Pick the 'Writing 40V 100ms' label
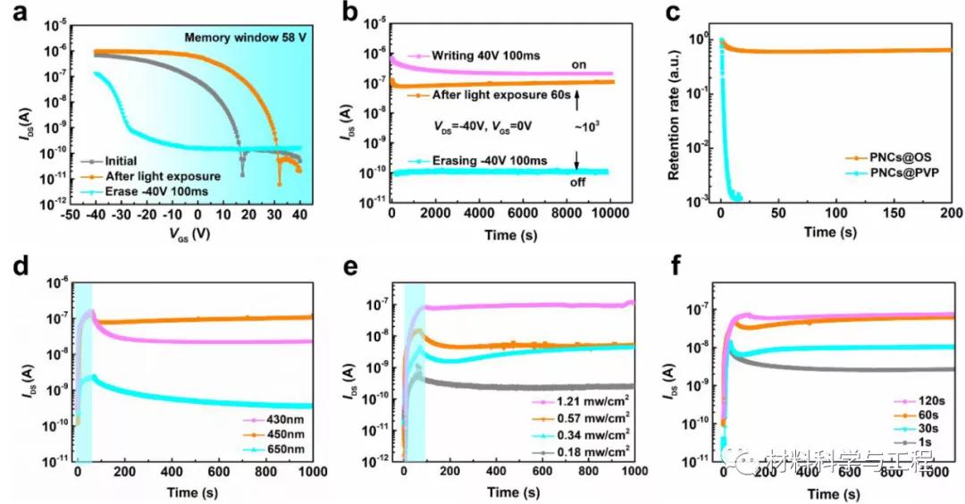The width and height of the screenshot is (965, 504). coord(482,55)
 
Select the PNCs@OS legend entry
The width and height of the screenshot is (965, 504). coord(897,157)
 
